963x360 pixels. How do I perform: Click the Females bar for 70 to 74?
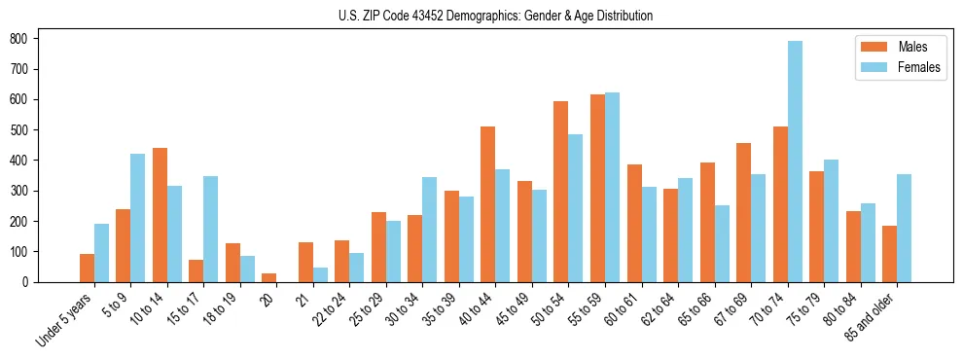(795, 162)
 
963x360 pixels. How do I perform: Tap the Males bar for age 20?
(269, 277)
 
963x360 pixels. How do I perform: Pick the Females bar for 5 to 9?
(138, 218)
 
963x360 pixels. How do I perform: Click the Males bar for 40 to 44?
(488, 204)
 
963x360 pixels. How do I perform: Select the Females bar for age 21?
(320, 274)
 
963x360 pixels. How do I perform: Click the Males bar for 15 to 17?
(196, 270)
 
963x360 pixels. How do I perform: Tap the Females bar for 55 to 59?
(612, 187)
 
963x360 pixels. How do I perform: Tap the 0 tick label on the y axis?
(29, 282)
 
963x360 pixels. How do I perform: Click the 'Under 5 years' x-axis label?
(65, 320)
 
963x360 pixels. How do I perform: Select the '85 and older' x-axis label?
(872, 318)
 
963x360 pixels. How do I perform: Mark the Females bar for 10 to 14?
(174, 234)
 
